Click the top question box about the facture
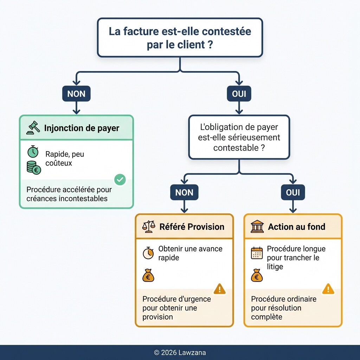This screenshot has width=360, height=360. point(180,38)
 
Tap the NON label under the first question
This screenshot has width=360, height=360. point(76,94)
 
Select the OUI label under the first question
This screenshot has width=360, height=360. point(239,94)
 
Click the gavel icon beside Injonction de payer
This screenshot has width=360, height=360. point(33,128)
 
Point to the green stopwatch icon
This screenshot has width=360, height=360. point(33,152)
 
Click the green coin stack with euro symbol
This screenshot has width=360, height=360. point(34,168)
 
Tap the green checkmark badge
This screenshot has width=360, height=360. point(120,180)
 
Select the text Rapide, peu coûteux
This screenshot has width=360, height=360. point(65,158)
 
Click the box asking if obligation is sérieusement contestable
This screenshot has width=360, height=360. point(239,137)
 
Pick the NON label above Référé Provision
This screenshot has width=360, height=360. point(184,192)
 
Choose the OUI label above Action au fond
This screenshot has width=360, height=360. point(293,192)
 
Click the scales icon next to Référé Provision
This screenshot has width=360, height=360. point(148,227)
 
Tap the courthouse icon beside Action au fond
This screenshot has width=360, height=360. point(257,227)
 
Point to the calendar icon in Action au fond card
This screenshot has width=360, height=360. point(257,253)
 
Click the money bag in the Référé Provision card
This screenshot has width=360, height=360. point(148,275)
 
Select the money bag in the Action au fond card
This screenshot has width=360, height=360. point(257,275)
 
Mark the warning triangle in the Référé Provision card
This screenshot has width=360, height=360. point(220,289)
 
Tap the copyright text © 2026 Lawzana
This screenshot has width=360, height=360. point(180,353)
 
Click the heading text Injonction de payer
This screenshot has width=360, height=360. point(82,128)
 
